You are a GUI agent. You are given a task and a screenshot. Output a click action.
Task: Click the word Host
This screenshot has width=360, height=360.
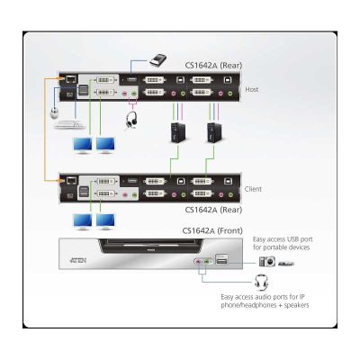pos(252,89)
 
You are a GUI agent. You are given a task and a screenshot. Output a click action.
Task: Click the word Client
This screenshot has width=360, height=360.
pos(253,189)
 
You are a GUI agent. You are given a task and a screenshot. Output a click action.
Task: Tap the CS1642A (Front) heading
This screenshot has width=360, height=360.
pos(212,230)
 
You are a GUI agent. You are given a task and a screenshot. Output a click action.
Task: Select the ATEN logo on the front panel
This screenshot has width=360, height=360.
pos(77,260)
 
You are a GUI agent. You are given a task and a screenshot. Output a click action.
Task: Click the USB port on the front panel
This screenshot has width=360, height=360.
pos(221,260)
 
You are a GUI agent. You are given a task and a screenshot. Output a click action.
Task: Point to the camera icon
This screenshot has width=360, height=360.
pos(267,261)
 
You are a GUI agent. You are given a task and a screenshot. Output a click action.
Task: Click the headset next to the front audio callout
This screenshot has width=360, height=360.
pos(261,283)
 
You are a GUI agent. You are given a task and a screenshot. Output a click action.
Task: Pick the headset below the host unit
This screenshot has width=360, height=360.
pos(130,121)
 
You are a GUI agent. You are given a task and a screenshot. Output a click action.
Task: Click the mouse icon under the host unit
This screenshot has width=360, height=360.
pos(55,113)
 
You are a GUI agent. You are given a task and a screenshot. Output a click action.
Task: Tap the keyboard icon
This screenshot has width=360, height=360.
pos(68,124)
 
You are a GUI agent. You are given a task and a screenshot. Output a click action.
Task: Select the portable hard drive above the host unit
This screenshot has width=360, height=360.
pos(157,59)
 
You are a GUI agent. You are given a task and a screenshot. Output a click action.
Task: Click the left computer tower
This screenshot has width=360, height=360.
pos(178,132)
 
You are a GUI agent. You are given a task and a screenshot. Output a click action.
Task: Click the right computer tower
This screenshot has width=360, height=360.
pos(214,132)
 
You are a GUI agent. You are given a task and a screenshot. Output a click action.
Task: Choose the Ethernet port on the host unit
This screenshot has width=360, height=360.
pos(71,79)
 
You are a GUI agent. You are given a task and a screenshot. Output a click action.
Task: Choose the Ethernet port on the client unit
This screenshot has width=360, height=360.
pos(71,180)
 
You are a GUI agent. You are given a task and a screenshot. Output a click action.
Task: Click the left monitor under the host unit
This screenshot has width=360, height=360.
pos(83,146)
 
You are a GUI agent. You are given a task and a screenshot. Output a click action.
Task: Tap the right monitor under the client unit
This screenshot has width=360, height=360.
pos(105,222)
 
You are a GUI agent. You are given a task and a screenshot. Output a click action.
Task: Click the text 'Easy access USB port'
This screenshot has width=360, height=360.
pos(283,239)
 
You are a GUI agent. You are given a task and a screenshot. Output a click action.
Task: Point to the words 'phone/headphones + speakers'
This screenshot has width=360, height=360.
pos(265,305)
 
